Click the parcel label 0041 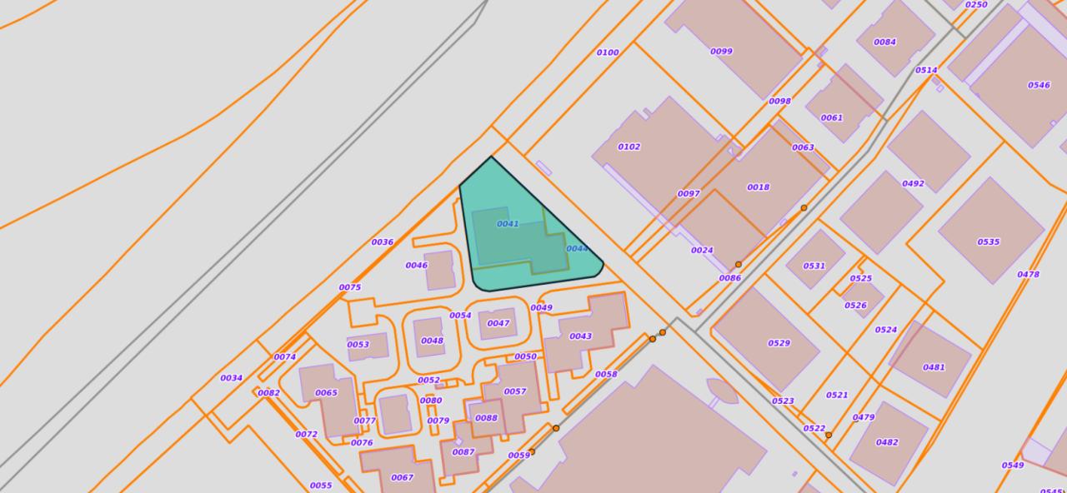508,224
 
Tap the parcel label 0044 577,249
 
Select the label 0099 721,52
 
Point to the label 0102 629,147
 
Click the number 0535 988,242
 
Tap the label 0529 779,343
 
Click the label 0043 580,336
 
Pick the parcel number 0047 498,324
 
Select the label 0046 416,266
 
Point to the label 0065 326,393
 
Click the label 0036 382,242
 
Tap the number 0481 934,367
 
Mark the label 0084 884,42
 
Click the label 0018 758,187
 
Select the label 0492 913,184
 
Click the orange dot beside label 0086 738,265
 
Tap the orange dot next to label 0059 532,452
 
